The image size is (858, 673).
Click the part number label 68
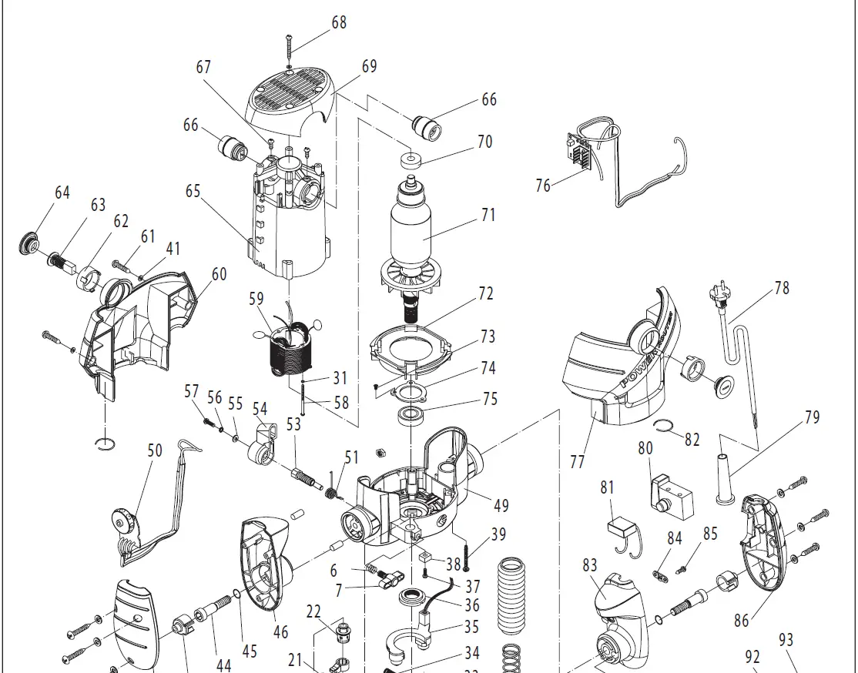pyautogui.click(x=340, y=22)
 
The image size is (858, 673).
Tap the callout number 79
pyautogui.click(x=813, y=418)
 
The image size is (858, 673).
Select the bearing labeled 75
pyautogui.click(x=414, y=417)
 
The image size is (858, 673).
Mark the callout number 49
pyautogui.click(x=501, y=506)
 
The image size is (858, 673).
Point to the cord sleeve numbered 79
pyautogui.click(x=725, y=476)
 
